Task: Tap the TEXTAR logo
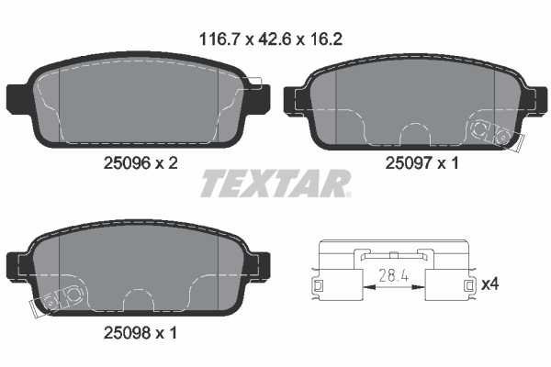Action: click(274, 183)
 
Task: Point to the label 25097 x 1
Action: click(420, 161)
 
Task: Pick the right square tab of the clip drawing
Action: click(469, 288)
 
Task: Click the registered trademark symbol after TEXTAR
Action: click(348, 195)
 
